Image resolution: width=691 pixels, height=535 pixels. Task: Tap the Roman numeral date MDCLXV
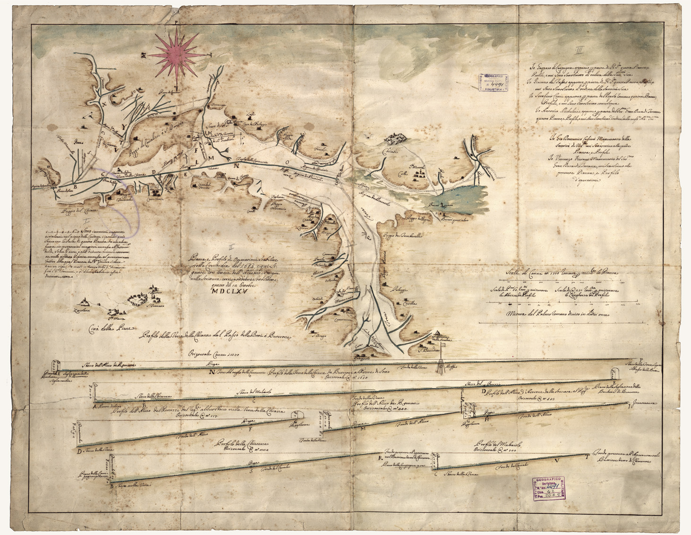click(x=229, y=292)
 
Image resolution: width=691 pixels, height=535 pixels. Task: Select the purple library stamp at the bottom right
click(x=548, y=489)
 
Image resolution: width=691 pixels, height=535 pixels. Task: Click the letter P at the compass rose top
click(x=176, y=22)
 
